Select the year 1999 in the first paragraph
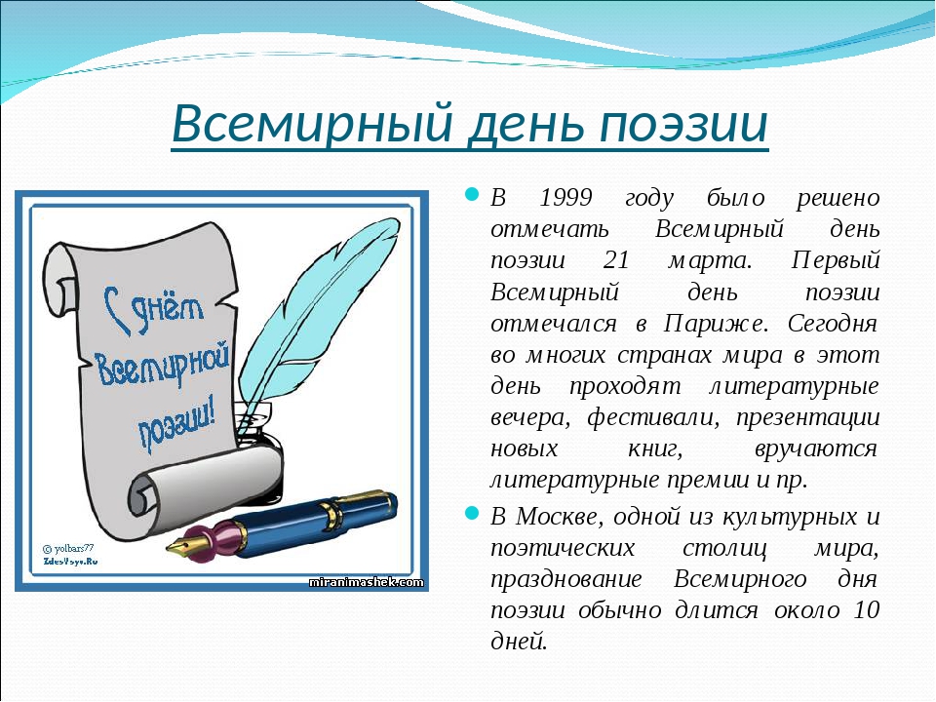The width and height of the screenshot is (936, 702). point(565,197)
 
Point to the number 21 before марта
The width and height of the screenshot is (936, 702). point(616,260)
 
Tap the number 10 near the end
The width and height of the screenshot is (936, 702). point(866,610)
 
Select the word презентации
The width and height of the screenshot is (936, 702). point(807,417)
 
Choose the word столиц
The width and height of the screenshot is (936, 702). point(724,548)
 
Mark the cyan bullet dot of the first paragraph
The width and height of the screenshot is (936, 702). point(472,194)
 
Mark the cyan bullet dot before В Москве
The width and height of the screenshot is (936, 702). point(472,513)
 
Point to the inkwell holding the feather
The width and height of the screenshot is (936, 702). point(257,430)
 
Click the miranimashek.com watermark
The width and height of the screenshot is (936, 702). point(366,582)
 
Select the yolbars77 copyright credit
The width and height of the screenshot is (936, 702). point(68,548)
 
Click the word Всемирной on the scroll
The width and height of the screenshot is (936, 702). point(163,364)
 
